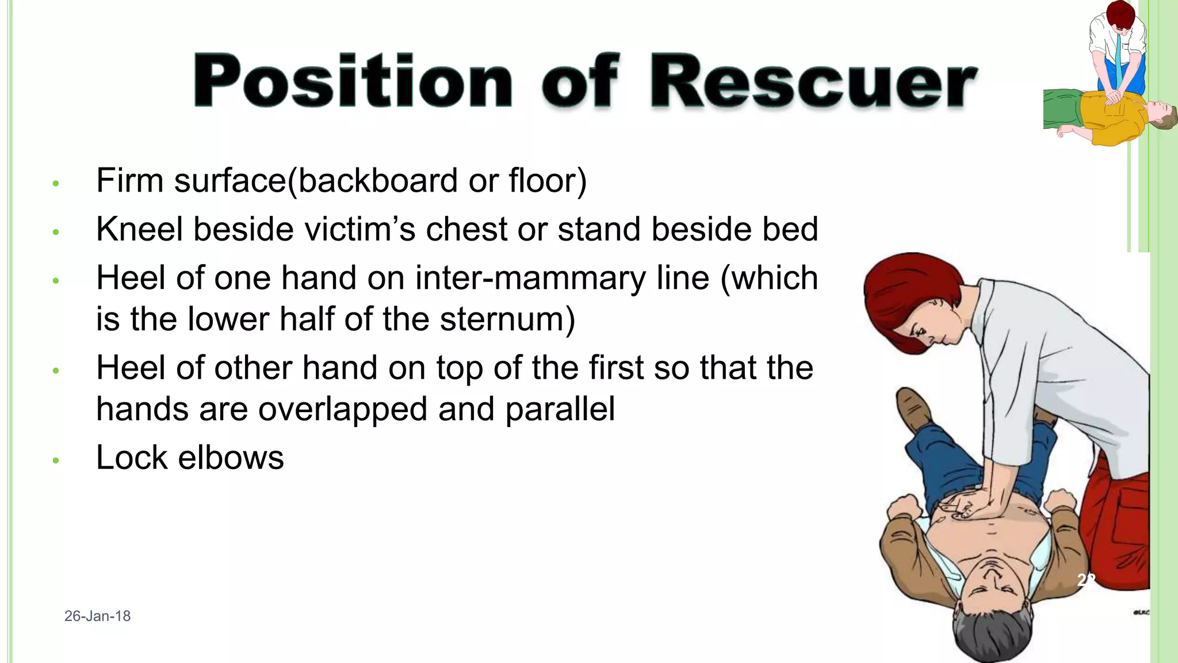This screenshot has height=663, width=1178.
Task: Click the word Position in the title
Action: tap(352, 81)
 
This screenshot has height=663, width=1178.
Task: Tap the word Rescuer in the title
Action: tap(813, 81)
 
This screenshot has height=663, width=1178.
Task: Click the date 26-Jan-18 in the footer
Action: tap(97, 616)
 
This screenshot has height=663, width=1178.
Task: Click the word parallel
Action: tap(560, 409)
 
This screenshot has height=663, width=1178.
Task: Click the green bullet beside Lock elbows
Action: tap(56, 460)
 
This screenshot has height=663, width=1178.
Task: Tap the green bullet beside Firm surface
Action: tap(56, 184)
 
